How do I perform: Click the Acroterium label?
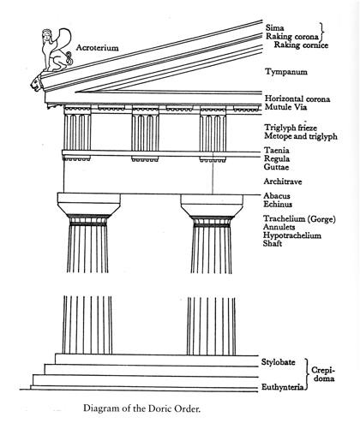(97, 47)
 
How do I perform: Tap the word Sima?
(274, 27)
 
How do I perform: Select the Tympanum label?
(286, 72)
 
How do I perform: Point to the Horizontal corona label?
(297, 98)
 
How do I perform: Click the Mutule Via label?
(285, 107)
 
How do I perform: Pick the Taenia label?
(277, 150)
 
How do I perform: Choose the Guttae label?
(276, 167)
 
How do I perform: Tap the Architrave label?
(283, 182)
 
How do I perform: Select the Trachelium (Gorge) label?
(299, 219)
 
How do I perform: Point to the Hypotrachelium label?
(292, 235)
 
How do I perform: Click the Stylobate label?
(278, 362)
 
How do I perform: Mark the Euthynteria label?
(282, 387)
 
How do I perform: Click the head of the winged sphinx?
(46, 34)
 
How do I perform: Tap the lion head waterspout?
(37, 83)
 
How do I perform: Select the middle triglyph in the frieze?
(145, 133)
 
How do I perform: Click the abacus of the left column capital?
(89, 198)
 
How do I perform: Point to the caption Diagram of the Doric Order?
(142, 408)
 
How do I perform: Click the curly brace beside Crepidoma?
(308, 374)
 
